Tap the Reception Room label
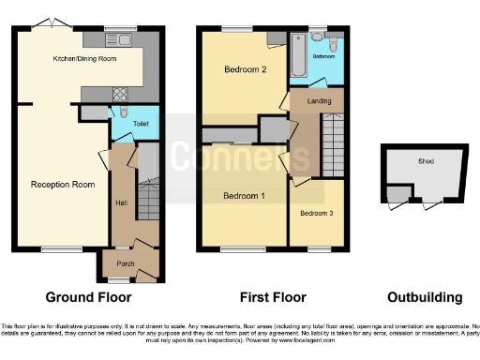62,185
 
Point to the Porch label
126,264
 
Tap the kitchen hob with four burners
121,94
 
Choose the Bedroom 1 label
242,196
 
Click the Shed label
426,161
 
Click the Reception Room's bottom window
61,248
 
